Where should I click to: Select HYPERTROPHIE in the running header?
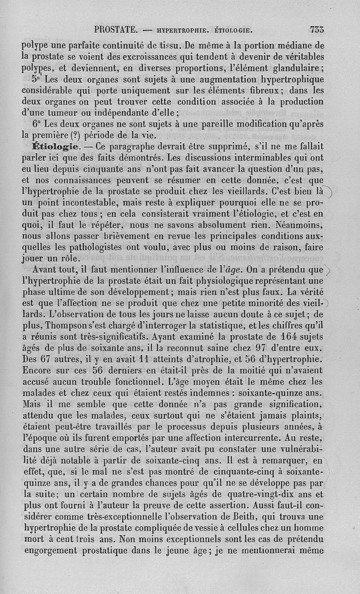point(181,31)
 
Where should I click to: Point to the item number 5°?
point(37,79)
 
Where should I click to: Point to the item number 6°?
point(37,123)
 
